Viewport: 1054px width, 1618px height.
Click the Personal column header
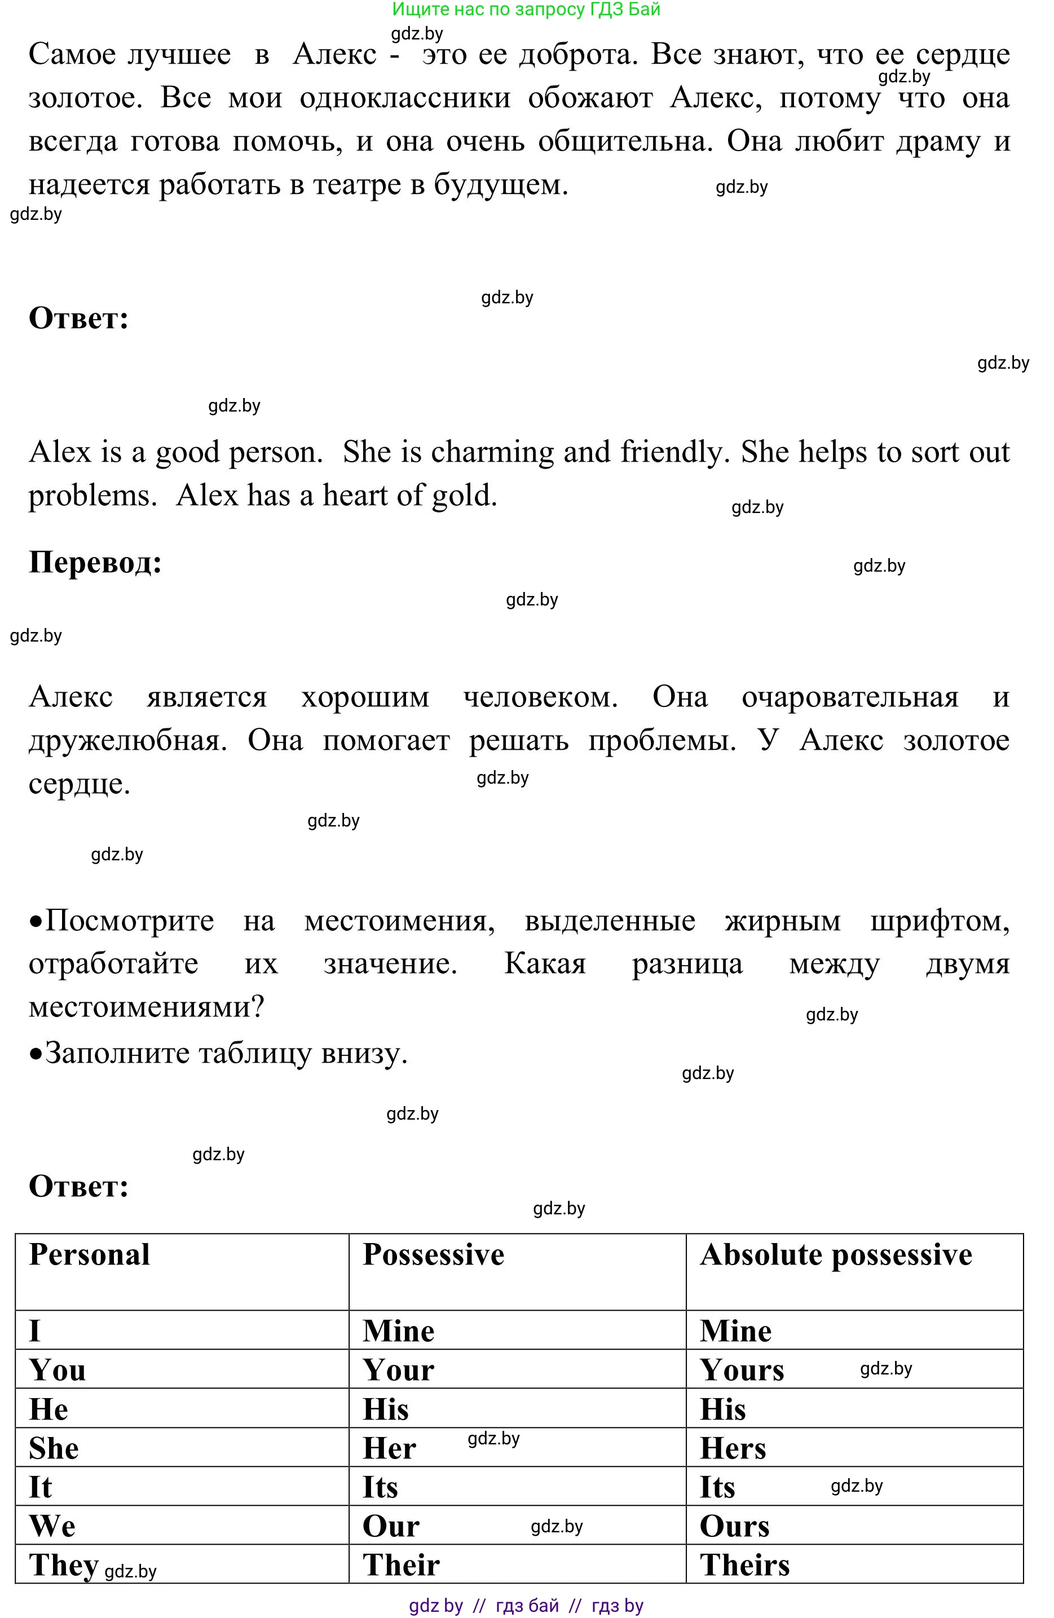[89, 1255]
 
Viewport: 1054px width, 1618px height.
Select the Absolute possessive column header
[836, 1255]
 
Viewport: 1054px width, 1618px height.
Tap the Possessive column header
[433, 1255]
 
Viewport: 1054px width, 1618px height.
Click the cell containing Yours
[742, 1370]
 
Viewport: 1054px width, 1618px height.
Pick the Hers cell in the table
[733, 1448]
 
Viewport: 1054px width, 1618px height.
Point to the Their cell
[401, 1565]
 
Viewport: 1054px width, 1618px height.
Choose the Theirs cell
[744, 1565]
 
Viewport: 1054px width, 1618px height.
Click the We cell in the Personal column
[52, 1526]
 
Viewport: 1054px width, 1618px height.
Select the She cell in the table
[54, 1448]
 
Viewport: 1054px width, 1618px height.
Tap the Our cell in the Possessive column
[391, 1526]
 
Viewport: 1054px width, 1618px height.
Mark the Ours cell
[734, 1526]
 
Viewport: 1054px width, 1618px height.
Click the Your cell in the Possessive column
[399, 1370]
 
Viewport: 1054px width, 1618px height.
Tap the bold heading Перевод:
[95, 562]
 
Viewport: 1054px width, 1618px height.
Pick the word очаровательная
[850, 697]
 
